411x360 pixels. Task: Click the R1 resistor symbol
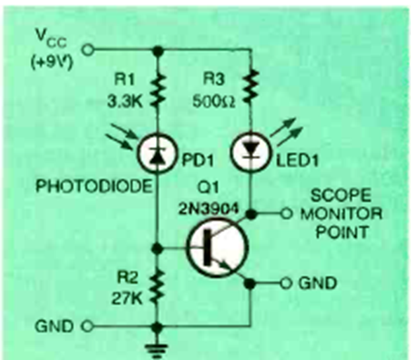tap(157, 92)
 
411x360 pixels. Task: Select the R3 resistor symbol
tap(250, 87)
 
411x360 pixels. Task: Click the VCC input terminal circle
tap(87, 50)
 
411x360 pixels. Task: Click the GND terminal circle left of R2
tap(87, 326)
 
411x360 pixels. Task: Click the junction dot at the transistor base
tap(157, 249)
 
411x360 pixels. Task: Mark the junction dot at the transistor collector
tap(250, 214)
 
